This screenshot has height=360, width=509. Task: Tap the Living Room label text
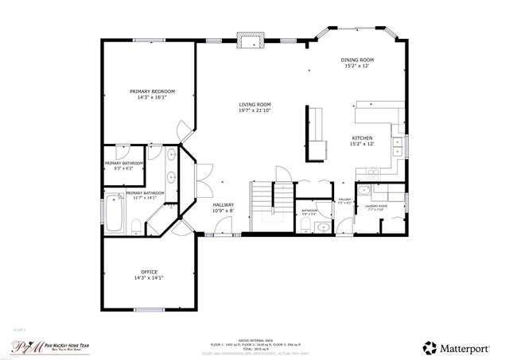(254, 107)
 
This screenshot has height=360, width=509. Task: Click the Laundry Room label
(376, 207)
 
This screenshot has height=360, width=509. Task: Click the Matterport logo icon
(430, 347)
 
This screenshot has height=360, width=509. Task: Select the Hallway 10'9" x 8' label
(223, 207)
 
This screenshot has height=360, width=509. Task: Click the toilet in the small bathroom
(321, 227)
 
